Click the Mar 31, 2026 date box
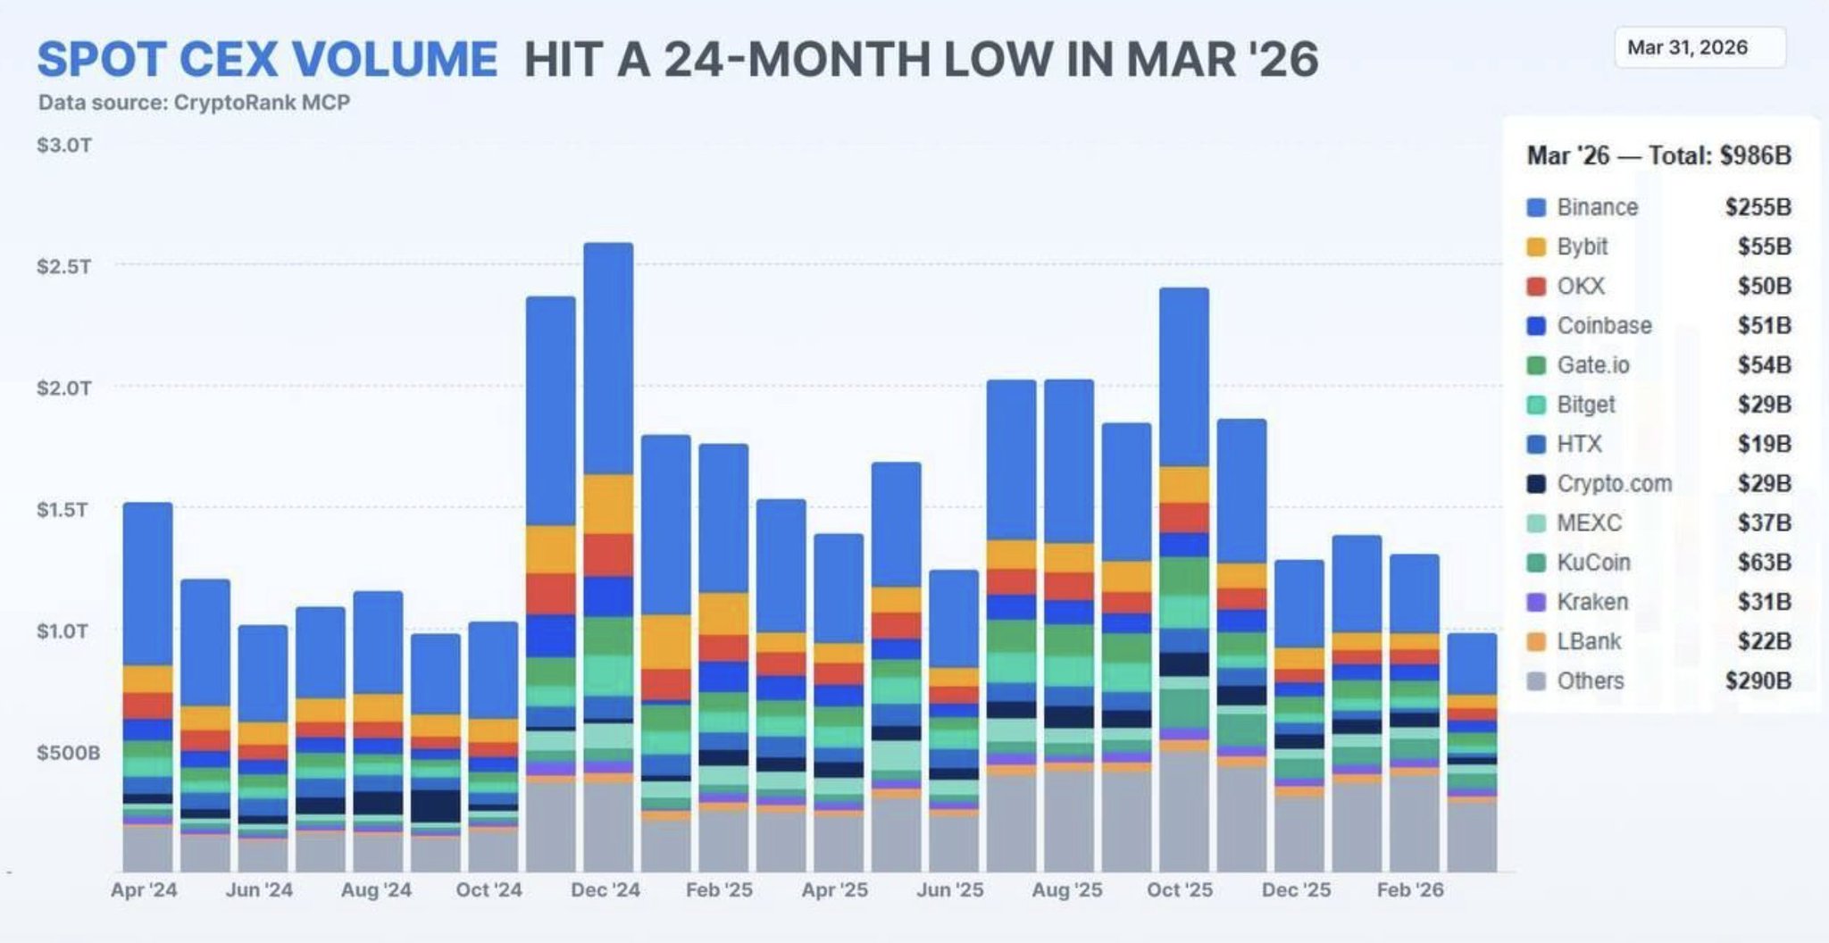pyautogui.click(x=1699, y=48)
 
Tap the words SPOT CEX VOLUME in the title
pyautogui.click(x=267, y=59)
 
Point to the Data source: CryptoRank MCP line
pyautogui.click(x=194, y=103)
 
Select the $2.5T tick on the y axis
pyautogui.click(x=63, y=266)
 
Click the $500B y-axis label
pyautogui.click(x=68, y=753)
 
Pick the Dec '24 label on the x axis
pyautogui.click(x=605, y=890)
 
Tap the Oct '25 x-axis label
pyautogui.click(x=1180, y=890)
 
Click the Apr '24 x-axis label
pyautogui.click(x=144, y=890)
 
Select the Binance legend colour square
pyautogui.click(x=1536, y=208)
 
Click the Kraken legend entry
pyautogui.click(x=1591, y=602)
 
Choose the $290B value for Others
pyautogui.click(x=1758, y=680)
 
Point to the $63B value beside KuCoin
pyautogui.click(x=1764, y=563)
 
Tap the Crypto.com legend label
pyautogui.click(x=1614, y=484)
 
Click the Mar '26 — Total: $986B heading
pyautogui.click(x=1658, y=156)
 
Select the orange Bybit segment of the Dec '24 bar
pyautogui.click(x=609, y=504)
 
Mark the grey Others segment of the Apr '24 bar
pyautogui.click(x=148, y=847)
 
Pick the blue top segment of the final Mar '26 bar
pyautogui.click(x=1472, y=663)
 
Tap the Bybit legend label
pyautogui.click(x=1582, y=246)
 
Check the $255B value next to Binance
pyautogui.click(x=1758, y=207)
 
